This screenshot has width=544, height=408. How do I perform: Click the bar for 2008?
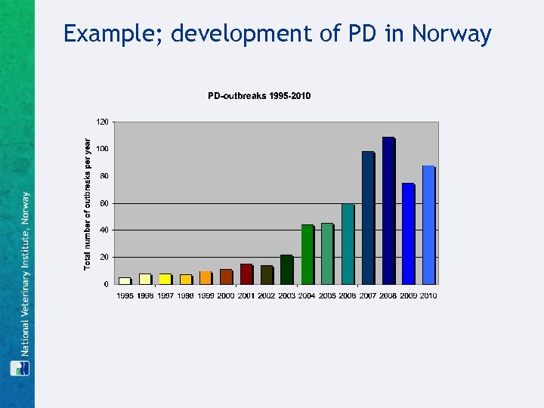[388, 211]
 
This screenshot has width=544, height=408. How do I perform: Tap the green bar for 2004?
[307, 254]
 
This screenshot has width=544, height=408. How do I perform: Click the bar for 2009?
[408, 233]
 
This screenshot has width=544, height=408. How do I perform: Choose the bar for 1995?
[125, 280]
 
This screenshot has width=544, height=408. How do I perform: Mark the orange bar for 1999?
[206, 277]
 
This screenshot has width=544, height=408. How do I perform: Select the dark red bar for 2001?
[246, 274]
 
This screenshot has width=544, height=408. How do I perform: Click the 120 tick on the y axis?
[101, 121]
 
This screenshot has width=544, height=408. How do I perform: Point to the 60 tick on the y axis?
[104, 203]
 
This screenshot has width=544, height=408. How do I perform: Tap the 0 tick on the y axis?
[105, 285]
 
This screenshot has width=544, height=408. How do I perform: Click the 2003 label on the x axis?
[286, 295]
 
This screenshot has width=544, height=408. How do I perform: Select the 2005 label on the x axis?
[327, 295]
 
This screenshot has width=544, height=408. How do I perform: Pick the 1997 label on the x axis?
[165, 295]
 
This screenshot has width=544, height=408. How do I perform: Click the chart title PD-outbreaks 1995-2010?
[259, 96]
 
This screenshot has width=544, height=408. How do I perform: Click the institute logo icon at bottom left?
[18, 368]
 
